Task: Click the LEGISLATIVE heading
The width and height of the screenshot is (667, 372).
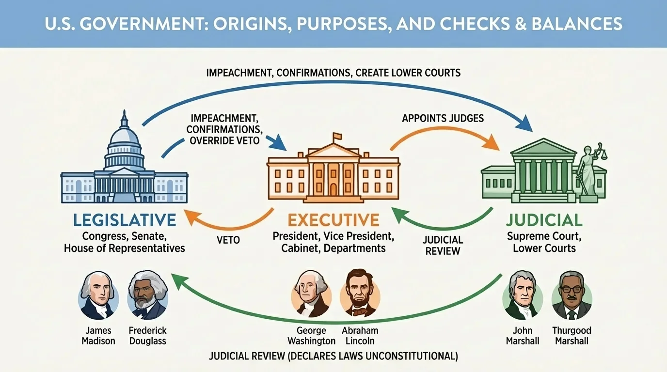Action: click(x=125, y=220)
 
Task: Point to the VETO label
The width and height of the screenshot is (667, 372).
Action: click(x=228, y=240)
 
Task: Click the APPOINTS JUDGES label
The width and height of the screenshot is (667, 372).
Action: click(x=443, y=118)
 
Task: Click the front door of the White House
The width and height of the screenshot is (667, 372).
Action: click(x=333, y=187)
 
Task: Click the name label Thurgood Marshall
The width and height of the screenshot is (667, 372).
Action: click(x=572, y=336)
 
